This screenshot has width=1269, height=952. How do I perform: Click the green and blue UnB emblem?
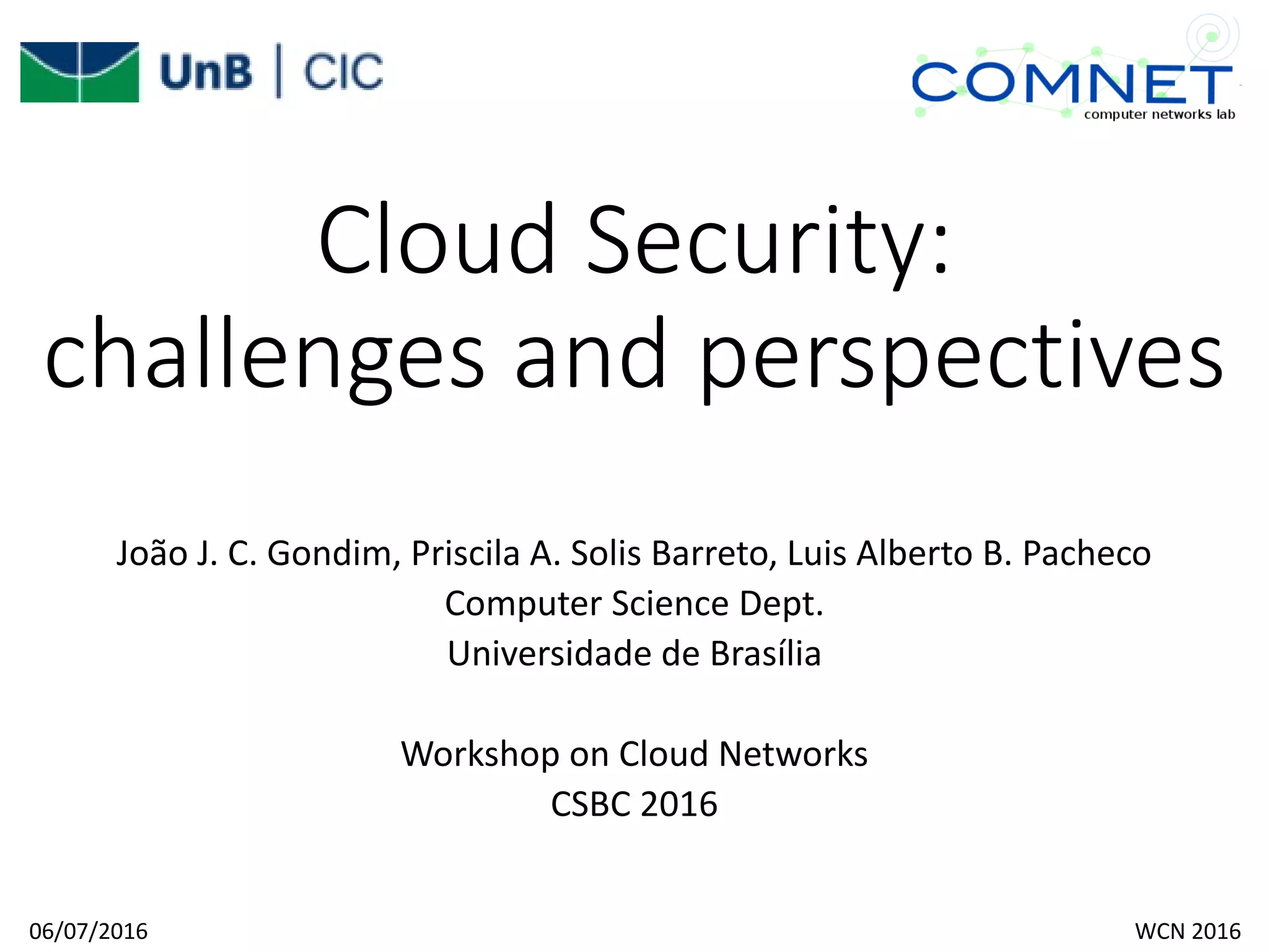pos(79,72)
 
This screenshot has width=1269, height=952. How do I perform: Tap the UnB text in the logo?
pos(206,72)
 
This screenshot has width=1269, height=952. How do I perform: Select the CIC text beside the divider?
pos(343,72)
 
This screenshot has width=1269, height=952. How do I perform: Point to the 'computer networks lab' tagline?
pos(1159,115)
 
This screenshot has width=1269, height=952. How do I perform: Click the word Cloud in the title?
pos(437,240)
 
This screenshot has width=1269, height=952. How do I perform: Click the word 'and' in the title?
pos(591,355)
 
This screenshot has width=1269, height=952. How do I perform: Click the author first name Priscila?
pos(465,553)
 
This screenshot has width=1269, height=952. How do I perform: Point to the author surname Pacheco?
pos(1086,553)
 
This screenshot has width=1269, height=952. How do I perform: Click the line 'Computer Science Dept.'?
pos(634,604)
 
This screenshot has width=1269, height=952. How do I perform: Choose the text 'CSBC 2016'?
pos(634,804)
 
